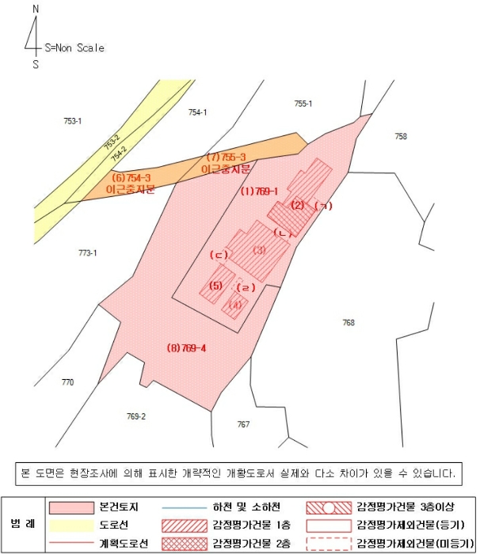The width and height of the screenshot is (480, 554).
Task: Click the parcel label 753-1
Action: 73,121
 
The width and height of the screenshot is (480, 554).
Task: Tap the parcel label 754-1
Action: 197,112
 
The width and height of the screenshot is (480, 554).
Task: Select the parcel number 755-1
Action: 303,104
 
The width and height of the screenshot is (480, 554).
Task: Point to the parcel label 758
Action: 401,136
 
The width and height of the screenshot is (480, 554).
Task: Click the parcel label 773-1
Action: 87,252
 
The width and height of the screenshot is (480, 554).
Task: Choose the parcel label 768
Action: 349,322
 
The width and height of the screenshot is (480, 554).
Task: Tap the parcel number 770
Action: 67,382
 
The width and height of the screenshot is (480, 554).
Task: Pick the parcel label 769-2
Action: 136,415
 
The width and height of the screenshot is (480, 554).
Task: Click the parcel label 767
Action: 243,424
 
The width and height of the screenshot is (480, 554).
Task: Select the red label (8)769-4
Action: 187,347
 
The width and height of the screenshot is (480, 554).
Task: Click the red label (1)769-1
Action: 259,191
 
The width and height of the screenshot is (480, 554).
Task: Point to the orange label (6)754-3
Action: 131,178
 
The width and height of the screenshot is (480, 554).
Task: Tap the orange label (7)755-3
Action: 227,157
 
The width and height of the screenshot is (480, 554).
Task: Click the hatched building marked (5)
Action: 215,285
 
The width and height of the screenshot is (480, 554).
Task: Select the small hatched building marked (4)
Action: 235,304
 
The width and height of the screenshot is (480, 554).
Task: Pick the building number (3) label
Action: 259,250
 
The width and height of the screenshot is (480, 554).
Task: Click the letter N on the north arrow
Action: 35,9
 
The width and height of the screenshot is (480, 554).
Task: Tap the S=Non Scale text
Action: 74,47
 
